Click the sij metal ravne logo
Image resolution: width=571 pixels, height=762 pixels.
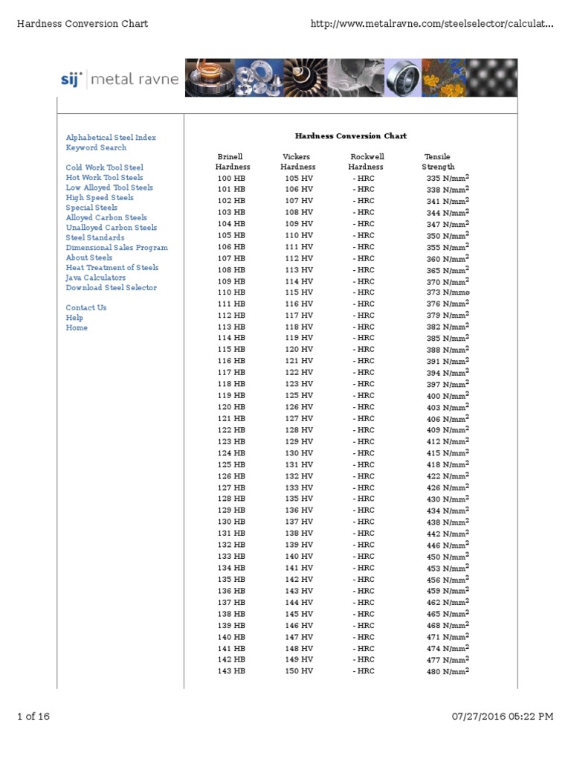tap(119, 79)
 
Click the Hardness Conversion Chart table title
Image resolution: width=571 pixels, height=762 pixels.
tap(350, 136)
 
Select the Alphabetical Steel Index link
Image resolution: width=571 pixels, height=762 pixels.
tap(111, 138)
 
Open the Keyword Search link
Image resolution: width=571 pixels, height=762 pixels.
tap(96, 147)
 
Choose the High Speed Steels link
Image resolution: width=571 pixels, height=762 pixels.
tap(100, 198)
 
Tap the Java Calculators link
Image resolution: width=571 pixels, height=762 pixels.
tap(95, 278)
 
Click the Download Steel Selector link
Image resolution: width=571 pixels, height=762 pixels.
tap(111, 287)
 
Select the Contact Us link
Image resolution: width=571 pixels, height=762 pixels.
tap(86, 307)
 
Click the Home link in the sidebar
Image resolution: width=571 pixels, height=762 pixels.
tap(77, 327)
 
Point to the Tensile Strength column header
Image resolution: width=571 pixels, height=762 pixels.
tap(438, 162)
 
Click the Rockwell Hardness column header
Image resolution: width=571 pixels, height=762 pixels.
tap(367, 162)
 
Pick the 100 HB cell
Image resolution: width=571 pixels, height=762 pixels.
tap(230, 178)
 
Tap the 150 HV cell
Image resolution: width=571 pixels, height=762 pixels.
tap(299, 671)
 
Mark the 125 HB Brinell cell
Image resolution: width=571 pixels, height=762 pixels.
tap(230, 465)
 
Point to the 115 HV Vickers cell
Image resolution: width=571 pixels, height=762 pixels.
tap(299, 292)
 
